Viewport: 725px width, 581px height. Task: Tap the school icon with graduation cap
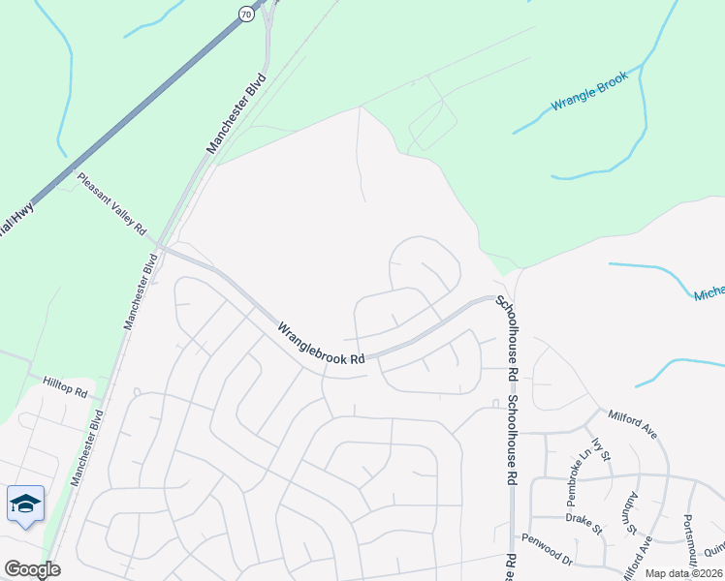click(x=25, y=504)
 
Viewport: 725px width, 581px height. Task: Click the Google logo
click(x=32, y=569)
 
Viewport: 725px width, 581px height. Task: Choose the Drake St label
click(x=584, y=524)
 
